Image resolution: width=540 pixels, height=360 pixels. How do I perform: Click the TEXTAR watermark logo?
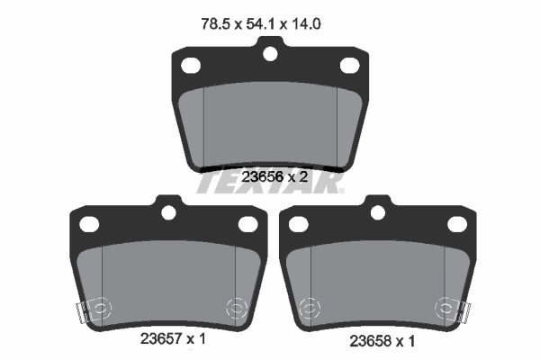pyautogui.click(x=270, y=183)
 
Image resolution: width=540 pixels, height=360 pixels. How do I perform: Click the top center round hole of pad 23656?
pyautogui.click(x=270, y=53)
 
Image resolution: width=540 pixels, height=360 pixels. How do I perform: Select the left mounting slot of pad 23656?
pyautogui.click(x=190, y=65)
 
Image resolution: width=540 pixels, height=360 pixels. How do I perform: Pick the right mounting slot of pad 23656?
pyautogui.click(x=350, y=65)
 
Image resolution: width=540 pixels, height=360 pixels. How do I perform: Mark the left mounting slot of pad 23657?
pyautogui.click(x=88, y=223)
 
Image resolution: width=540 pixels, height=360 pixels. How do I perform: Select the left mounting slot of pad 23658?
pyautogui.click(x=295, y=223)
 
